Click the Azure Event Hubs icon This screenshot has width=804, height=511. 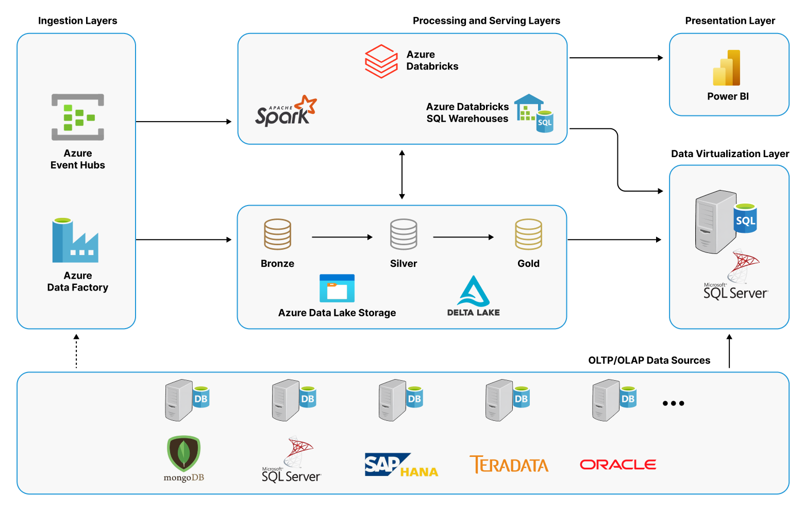(x=78, y=117)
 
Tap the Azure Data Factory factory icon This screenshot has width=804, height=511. (x=75, y=241)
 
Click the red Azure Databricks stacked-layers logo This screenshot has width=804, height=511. (x=381, y=61)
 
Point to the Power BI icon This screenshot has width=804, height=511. (x=727, y=68)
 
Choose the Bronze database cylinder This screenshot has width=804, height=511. (x=277, y=234)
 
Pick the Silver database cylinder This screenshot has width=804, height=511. (x=404, y=234)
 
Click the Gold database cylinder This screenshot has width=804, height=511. (x=528, y=234)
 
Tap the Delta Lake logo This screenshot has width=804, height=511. (x=473, y=296)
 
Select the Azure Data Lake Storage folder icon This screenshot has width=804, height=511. (x=337, y=288)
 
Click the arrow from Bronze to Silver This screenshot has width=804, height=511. (x=342, y=237)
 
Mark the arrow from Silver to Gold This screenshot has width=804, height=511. (x=463, y=237)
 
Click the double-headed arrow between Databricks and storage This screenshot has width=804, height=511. (x=402, y=175)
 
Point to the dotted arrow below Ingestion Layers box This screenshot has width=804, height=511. (x=76, y=351)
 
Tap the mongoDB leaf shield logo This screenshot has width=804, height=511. (x=183, y=454)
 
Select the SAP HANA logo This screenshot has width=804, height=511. (x=401, y=465)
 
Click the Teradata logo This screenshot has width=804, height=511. (x=509, y=465)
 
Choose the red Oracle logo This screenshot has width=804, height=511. (x=618, y=465)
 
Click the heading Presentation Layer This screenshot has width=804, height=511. (x=730, y=21)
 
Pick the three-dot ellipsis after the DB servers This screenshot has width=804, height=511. (x=673, y=403)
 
